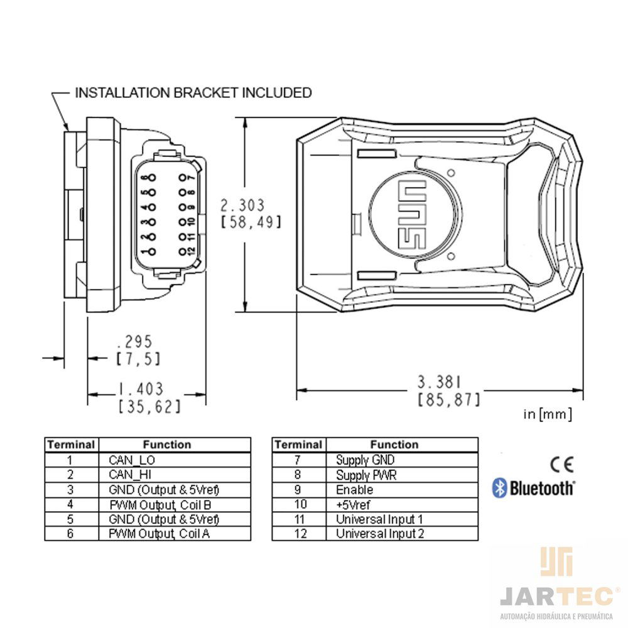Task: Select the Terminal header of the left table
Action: pyautogui.click(x=71, y=445)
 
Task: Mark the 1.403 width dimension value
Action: pyautogui.click(x=141, y=389)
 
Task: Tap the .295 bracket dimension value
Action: pyautogui.click(x=134, y=342)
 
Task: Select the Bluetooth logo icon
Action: pyautogui.click(x=499, y=487)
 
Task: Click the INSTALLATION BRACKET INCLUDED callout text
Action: pyautogui.click(x=193, y=93)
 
